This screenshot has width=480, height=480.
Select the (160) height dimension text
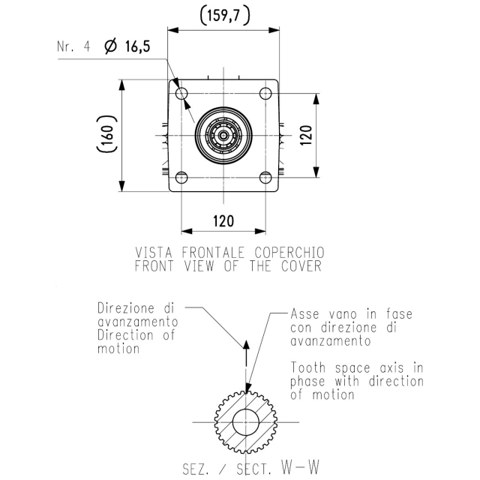(x=106, y=133)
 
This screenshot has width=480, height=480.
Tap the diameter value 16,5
(x=138, y=46)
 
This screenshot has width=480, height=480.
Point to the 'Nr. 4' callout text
(x=73, y=46)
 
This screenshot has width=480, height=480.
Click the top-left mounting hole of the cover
(x=181, y=93)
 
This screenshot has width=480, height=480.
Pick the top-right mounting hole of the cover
(x=265, y=93)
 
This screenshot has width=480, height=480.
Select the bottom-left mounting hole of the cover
(x=181, y=177)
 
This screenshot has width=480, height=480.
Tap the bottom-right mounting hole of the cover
(x=265, y=177)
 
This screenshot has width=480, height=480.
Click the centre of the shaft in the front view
(x=223, y=135)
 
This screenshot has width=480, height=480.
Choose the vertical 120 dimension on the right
(x=307, y=135)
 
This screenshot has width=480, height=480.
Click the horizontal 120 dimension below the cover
(x=223, y=221)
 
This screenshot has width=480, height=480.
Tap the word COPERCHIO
(x=289, y=253)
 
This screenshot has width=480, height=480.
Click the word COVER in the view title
(x=301, y=266)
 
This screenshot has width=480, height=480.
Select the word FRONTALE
(x=213, y=253)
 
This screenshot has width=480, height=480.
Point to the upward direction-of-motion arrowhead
(x=246, y=344)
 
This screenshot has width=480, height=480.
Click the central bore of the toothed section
(x=246, y=421)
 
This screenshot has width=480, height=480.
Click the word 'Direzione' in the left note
(x=126, y=308)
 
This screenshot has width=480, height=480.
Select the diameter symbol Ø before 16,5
(x=111, y=46)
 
